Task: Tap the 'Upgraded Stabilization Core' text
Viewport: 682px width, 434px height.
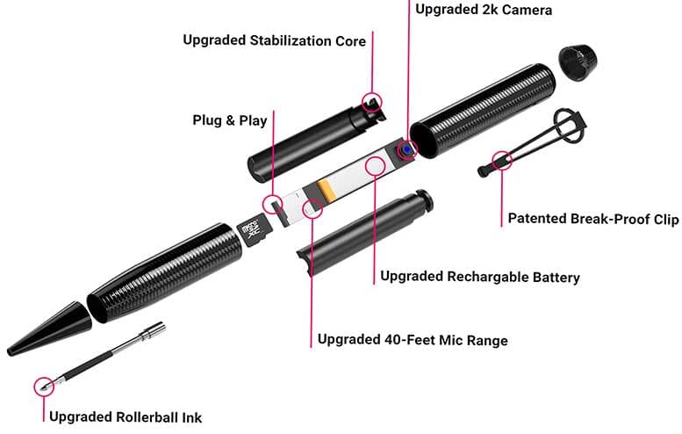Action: coord(274,40)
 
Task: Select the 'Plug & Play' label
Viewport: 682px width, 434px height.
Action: coord(229,119)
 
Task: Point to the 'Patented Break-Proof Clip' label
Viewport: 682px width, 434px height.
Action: coord(592,219)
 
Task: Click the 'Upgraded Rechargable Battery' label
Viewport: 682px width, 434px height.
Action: coord(479,277)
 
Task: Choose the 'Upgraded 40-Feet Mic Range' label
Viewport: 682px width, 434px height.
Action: coord(412,340)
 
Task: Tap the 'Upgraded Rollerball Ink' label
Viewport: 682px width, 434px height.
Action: coord(131,417)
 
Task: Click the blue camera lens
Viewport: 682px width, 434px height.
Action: coord(408,150)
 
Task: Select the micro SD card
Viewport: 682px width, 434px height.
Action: coord(253,233)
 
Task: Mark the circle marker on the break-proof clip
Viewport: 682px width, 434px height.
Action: coord(502,161)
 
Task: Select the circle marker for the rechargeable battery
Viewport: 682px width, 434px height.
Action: coord(376,165)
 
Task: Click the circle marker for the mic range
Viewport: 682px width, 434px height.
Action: coord(312,208)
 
